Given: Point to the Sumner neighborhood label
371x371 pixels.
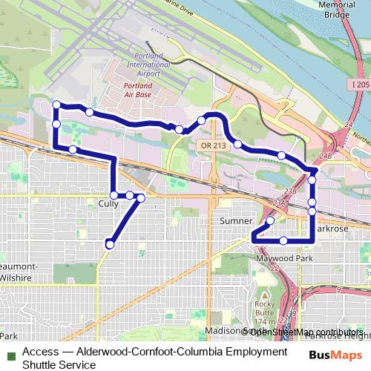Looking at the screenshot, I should click(236, 221).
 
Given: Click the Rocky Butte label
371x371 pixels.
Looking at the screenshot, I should click(265, 307).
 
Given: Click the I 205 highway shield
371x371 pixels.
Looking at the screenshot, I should click(357, 86).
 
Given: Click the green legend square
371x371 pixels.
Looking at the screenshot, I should click(10, 352).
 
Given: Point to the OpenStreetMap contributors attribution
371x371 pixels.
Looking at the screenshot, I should click(304, 332).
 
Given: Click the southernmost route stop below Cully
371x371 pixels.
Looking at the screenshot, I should click(110, 244).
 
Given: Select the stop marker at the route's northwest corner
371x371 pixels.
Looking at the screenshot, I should click(56, 105).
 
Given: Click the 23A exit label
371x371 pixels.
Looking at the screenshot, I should click(279, 202).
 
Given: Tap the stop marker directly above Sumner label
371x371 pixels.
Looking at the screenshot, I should click(270, 220).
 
